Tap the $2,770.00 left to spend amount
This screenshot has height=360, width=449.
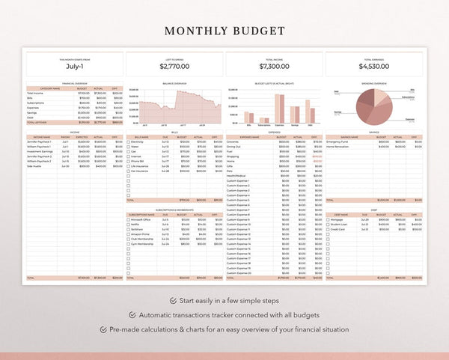(x=174, y=67)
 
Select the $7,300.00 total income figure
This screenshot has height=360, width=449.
(x=273, y=67)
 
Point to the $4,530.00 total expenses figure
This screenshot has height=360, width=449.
(x=373, y=67)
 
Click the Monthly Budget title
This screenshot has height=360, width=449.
(x=224, y=31)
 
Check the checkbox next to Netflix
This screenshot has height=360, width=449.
(x=128, y=225)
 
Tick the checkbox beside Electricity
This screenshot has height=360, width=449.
(x=128, y=141)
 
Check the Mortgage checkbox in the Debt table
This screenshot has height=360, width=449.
(x=328, y=219)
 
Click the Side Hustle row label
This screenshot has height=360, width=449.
(x=42, y=165)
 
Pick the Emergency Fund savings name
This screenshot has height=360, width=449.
(x=341, y=141)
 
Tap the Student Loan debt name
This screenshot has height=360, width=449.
(x=340, y=225)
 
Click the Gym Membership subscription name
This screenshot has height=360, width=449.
(x=143, y=244)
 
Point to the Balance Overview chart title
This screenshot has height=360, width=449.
(x=174, y=84)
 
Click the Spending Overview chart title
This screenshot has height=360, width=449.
(x=373, y=84)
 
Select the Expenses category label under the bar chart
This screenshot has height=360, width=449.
(x=280, y=125)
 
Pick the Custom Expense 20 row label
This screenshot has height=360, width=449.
(x=239, y=273)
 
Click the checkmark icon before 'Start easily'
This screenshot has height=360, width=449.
(x=174, y=300)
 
